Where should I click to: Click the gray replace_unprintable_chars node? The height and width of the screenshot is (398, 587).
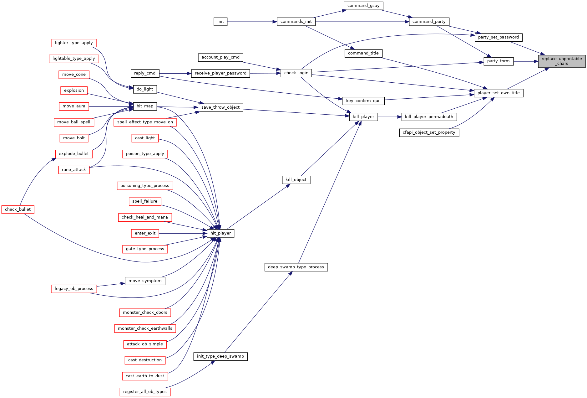tap(562, 61)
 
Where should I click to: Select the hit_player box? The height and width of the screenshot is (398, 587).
tap(220, 233)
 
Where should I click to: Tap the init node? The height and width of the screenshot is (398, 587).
tap(220, 22)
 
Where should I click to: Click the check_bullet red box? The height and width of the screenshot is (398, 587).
tap(18, 209)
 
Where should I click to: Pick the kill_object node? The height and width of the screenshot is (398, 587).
tap(296, 180)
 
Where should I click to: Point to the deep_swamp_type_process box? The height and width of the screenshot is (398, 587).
tap(296, 267)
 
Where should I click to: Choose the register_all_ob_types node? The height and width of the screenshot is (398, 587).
tap(145, 392)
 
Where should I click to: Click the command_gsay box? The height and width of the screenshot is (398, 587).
tap(363, 6)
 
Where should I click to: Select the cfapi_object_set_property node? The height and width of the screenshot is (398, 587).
tap(429, 132)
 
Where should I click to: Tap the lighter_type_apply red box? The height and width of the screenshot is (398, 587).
tap(74, 43)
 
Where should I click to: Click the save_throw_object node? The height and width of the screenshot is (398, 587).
tap(220, 107)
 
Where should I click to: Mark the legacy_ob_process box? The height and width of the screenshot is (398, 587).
tap(74, 289)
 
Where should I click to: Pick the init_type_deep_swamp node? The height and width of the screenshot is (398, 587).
tap(220, 356)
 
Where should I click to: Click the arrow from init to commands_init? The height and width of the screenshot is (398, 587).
tap(252, 22)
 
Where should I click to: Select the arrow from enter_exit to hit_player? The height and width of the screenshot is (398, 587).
tap(183, 233)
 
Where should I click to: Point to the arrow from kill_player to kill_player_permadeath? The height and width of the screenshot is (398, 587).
tap(390, 117)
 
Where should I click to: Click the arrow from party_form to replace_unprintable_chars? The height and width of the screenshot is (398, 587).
tap(526, 61)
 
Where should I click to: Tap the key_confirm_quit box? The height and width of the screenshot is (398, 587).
tap(363, 101)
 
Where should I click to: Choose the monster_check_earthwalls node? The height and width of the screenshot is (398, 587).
tap(145, 328)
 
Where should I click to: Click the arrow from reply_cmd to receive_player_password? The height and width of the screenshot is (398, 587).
tap(175, 74)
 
